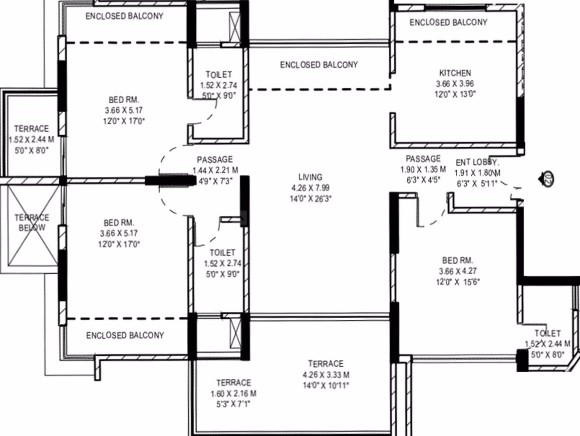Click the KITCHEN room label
(455, 73)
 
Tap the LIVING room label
(311, 177)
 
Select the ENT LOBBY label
(477, 162)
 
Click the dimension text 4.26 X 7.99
(311, 188)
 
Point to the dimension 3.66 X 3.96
(455, 84)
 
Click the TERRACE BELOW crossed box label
(32, 223)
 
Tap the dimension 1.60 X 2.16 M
(233, 393)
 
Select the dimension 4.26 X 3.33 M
(326, 375)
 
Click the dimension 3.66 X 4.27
(458, 271)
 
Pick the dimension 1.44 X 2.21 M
(215, 170)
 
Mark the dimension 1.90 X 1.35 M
(423, 169)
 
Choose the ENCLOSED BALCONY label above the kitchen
(448, 23)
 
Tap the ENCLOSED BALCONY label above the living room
(319, 65)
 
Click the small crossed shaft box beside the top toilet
(235, 27)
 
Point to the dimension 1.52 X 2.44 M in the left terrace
(32, 139)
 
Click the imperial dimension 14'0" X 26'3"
(311, 199)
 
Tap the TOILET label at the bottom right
(547, 333)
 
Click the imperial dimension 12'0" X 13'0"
(455, 94)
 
